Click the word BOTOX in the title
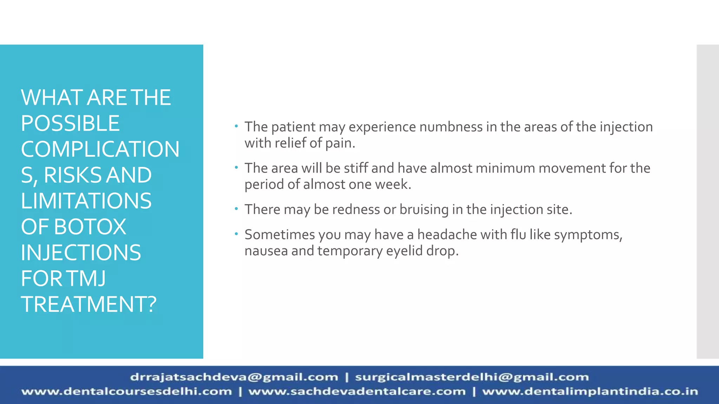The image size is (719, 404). point(90,227)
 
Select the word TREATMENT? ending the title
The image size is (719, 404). point(88,304)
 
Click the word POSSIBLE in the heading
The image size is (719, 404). point(70,123)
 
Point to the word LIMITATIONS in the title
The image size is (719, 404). point(86,201)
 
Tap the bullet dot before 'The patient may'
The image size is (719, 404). point(237,126)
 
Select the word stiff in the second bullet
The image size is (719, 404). point(356,168)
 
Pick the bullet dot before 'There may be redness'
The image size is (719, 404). point(237,209)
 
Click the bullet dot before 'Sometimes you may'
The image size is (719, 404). point(237,234)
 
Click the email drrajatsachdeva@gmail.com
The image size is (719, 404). point(234,377)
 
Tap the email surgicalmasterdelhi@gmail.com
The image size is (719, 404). point(472,377)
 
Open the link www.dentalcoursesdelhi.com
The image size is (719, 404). point(127,391)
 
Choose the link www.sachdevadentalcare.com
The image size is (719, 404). point(357,391)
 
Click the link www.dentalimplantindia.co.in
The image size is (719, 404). point(590,391)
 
